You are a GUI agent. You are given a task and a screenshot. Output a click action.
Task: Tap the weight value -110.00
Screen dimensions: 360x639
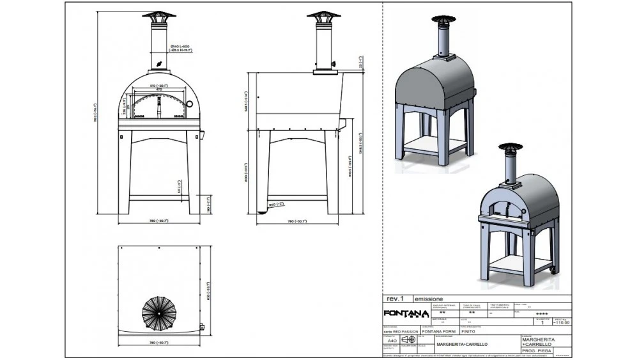(561, 323)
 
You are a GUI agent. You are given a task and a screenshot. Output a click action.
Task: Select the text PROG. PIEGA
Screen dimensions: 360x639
(537, 350)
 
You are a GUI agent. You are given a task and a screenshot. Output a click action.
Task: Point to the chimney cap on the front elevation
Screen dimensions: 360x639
(158, 16)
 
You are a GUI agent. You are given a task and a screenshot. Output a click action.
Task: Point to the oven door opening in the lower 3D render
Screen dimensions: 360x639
(502, 207)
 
